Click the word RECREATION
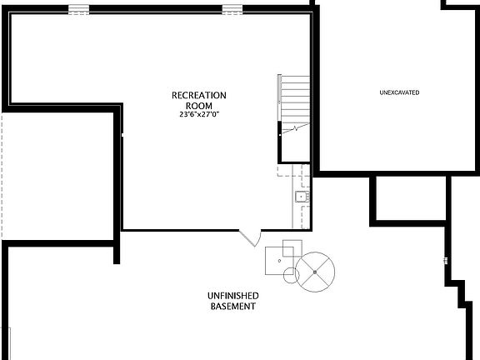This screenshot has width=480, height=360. (199, 95)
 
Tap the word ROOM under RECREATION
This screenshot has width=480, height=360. (199, 106)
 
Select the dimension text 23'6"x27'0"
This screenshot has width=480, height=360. (199, 115)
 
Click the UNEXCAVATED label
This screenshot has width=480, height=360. (399, 92)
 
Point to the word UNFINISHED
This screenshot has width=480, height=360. (232, 296)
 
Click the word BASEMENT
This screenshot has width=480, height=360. (232, 307)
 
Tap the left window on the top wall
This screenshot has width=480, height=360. (78, 10)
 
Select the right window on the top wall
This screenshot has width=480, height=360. (232, 10)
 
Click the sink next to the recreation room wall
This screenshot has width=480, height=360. (302, 197)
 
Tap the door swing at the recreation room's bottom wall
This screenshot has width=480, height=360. (249, 238)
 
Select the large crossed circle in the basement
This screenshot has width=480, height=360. (316, 270)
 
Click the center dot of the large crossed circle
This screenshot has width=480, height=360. (316, 270)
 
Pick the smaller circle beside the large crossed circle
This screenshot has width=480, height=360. (291, 275)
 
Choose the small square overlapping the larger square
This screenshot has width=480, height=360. (292, 248)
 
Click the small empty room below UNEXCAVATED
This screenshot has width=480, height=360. (408, 198)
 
